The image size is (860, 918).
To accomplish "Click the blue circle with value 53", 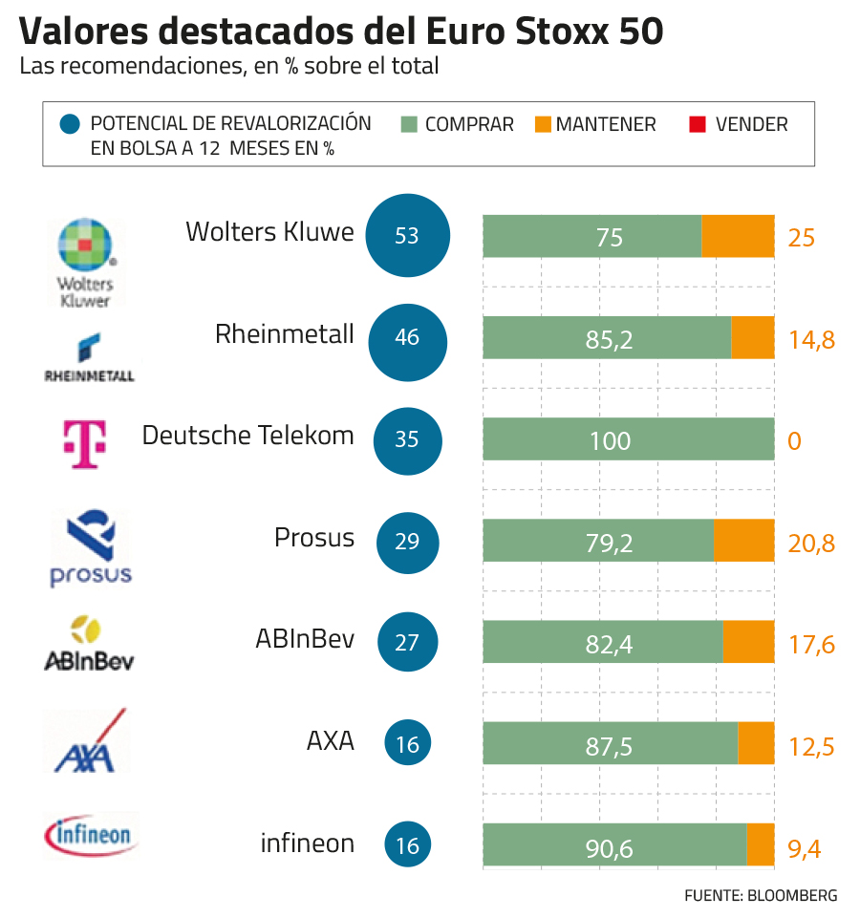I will tap(407, 235).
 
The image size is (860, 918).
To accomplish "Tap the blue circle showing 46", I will tap(407, 337).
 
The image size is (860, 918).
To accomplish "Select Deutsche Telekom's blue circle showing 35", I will tap(407, 439).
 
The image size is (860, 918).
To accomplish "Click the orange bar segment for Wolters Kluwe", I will tap(738, 236).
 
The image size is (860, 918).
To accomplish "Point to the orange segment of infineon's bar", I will tap(760, 844).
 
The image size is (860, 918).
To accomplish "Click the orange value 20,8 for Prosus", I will tap(811, 543).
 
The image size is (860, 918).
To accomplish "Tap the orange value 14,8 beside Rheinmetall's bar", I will tap(811, 338).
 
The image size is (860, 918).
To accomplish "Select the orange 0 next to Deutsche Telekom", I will tap(795, 440).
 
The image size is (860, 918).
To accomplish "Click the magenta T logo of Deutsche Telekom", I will tap(85, 443).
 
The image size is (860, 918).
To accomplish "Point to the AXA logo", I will tap(88, 742).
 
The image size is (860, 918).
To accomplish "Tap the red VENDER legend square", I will tap(697, 124).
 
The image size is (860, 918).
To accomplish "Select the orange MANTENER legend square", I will tap(543, 124).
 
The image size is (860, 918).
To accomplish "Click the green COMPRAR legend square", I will tap(411, 124).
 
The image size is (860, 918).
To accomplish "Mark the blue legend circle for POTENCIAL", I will tap(70, 125).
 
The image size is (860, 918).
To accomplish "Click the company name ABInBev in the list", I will tap(304, 639).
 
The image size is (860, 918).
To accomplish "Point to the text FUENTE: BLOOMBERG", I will tap(761, 895).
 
